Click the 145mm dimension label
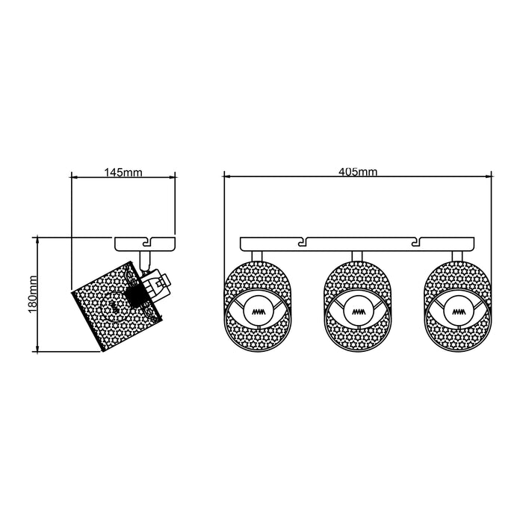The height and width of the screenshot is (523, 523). [x=123, y=173]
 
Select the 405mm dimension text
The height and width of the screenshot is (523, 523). [x=358, y=172]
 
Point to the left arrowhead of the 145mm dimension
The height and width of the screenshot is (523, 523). [x=73, y=178]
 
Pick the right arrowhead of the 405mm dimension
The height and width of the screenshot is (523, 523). [x=490, y=178]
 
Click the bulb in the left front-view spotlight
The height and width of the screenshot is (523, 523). [x=259, y=309]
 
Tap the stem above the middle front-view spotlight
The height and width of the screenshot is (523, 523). [x=356, y=256]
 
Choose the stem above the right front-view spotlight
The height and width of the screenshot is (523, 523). [x=456, y=256]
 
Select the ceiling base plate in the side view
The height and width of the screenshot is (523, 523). [x=145, y=244]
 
